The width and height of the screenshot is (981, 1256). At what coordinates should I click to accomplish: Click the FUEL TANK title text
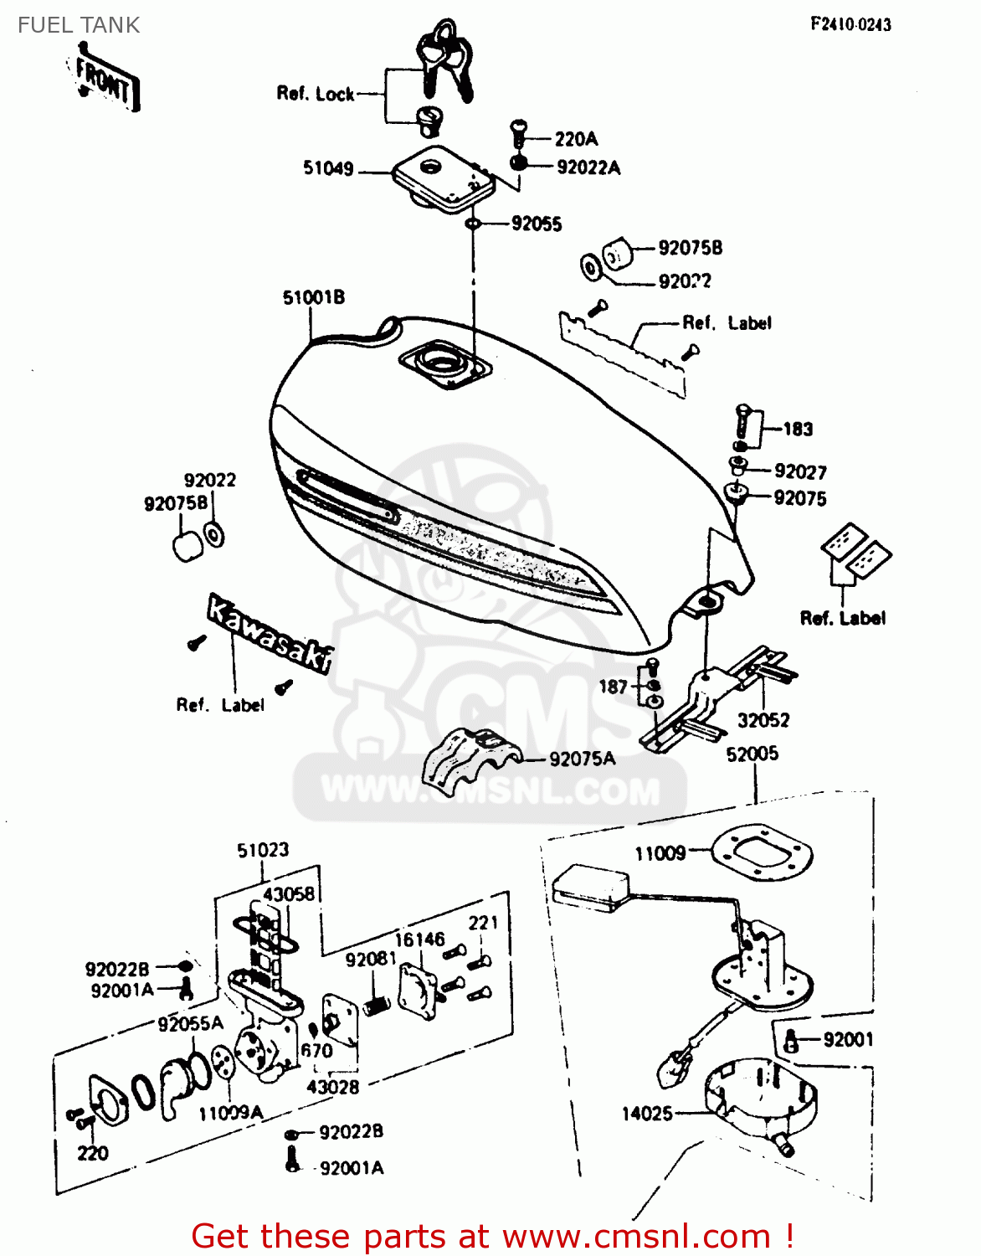click(79, 25)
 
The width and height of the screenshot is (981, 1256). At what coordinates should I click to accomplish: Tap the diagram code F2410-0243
click(850, 24)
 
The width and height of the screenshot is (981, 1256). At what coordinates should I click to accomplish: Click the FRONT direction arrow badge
click(105, 82)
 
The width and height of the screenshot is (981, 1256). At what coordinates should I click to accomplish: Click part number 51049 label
click(328, 169)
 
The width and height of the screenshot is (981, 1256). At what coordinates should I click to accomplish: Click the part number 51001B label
click(313, 298)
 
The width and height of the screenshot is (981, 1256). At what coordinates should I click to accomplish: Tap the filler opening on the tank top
click(444, 363)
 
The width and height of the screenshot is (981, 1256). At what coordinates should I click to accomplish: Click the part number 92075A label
click(582, 759)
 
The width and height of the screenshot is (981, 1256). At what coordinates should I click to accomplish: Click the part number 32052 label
click(763, 720)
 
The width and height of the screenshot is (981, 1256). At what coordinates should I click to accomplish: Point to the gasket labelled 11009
click(761, 853)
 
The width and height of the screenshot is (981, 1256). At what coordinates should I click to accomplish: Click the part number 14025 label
click(647, 1114)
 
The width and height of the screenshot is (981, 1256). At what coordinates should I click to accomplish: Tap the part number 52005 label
click(752, 754)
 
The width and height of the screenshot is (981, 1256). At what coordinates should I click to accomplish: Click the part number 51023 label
click(263, 851)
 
